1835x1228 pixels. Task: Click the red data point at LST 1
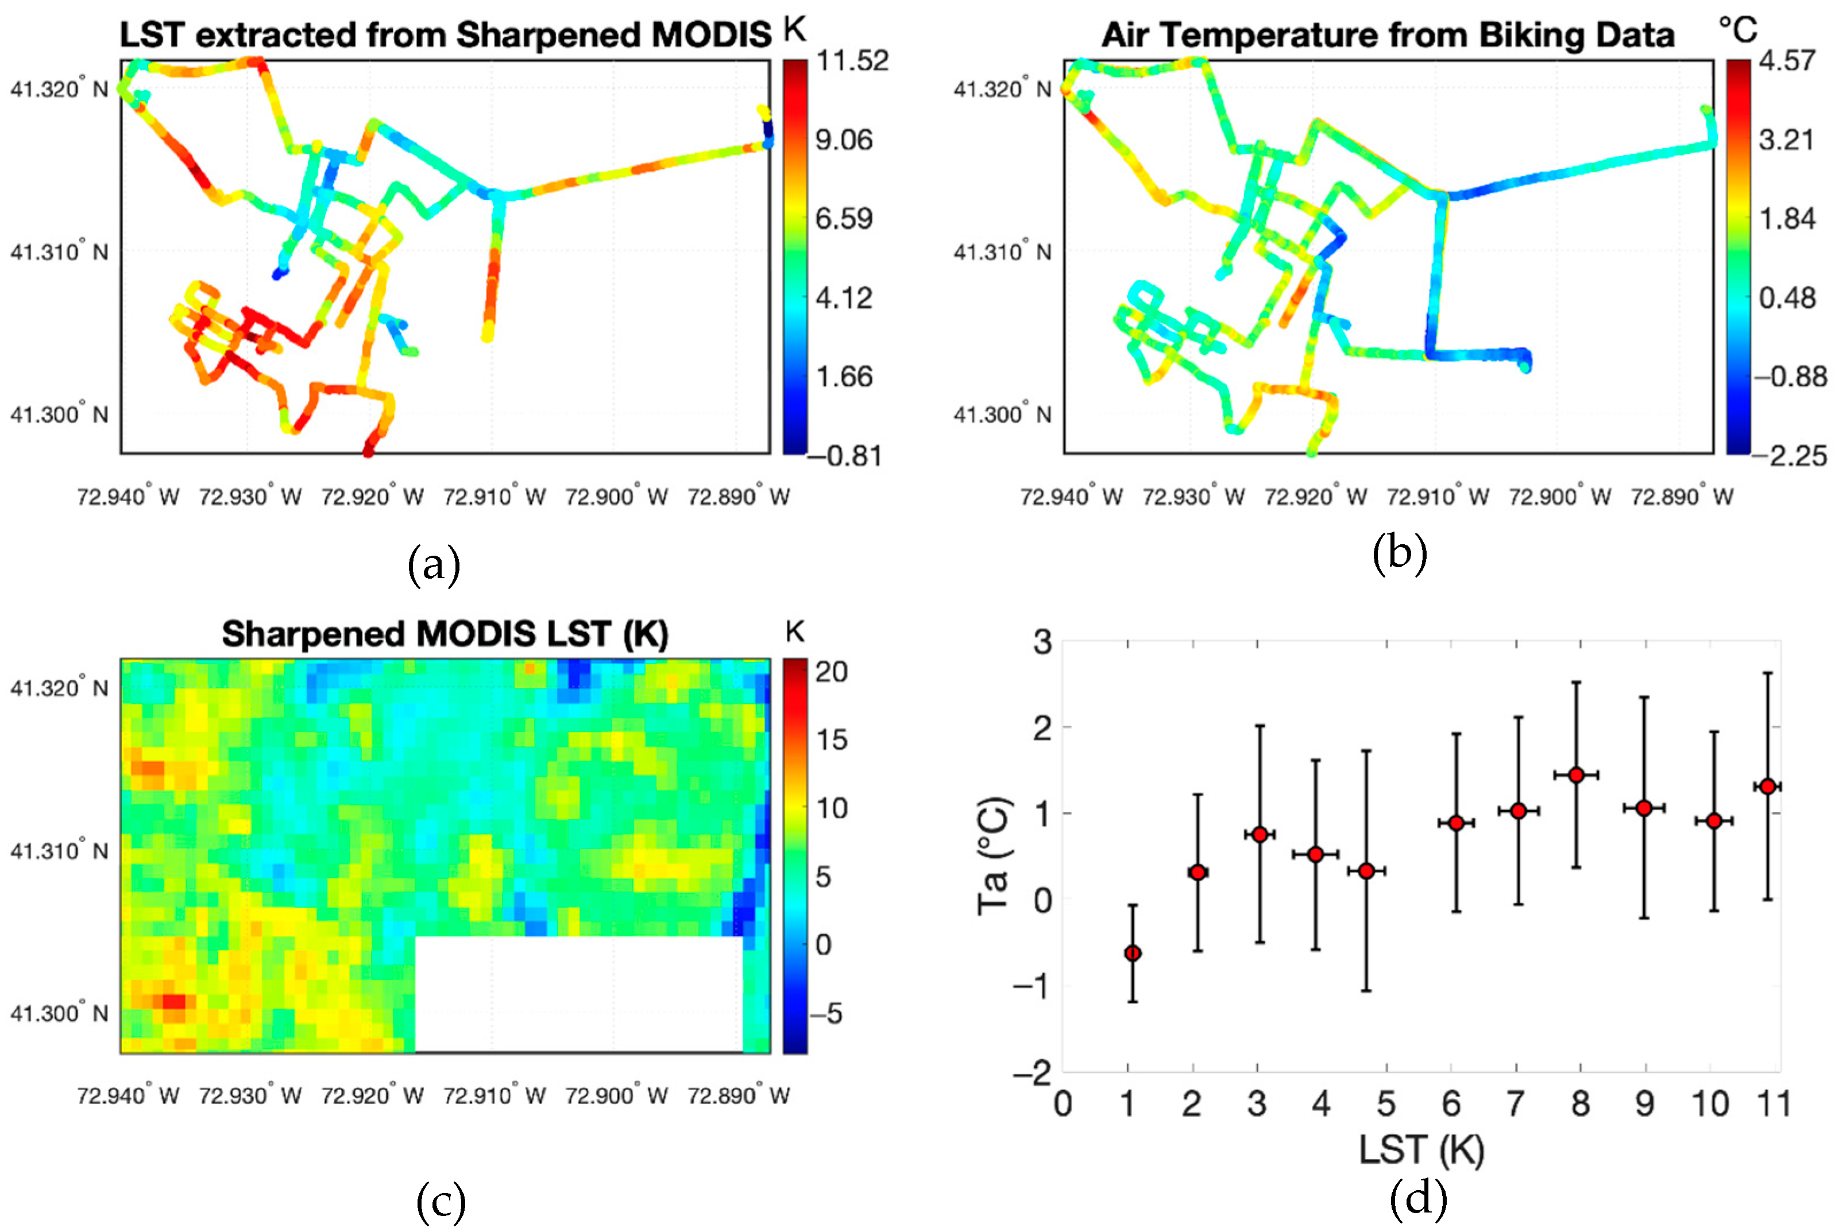click(1132, 953)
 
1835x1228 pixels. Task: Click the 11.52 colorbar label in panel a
click(852, 60)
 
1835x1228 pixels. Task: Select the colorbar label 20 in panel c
click(831, 672)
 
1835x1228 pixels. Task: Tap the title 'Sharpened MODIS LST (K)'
click(445, 634)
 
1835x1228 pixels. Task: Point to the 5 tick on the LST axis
click(1386, 1104)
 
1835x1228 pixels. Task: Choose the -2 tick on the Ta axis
click(1032, 1072)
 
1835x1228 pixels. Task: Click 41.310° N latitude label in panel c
click(59, 850)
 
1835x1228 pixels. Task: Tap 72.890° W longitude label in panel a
click(738, 497)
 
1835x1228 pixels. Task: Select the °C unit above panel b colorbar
click(1737, 30)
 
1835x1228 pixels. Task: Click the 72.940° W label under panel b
click(1071, 497)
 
